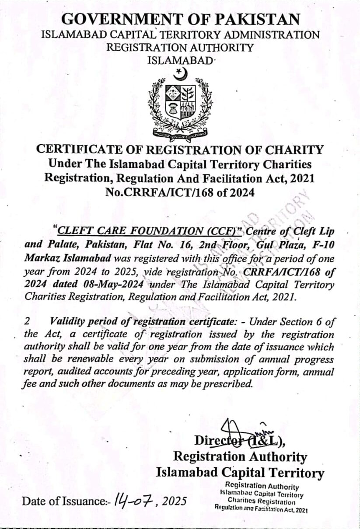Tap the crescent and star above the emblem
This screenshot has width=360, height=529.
[x=180, y=74]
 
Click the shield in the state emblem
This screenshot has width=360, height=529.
[x=180, y=104]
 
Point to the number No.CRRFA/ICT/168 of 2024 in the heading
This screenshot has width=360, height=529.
[x=180, y=192]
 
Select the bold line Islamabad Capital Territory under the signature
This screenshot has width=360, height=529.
[x=240, y=473]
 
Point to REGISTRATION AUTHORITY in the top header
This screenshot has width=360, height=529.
[x=180, y=47]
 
